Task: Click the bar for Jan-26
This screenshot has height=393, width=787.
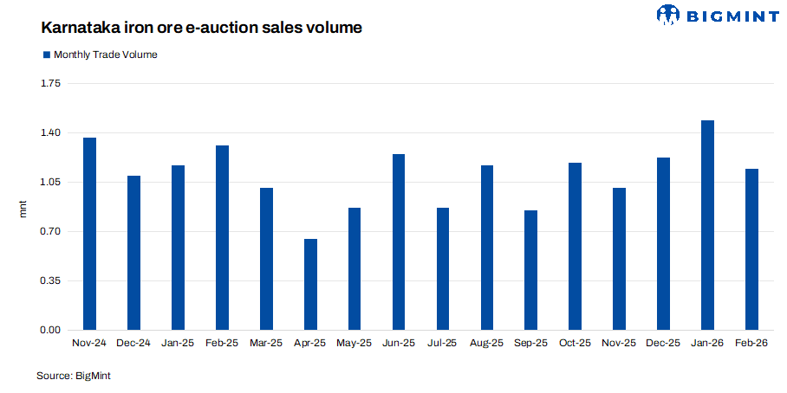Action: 707,225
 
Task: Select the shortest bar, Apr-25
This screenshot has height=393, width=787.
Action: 310,285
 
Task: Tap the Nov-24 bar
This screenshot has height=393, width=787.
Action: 89,234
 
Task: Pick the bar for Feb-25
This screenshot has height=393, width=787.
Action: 222,238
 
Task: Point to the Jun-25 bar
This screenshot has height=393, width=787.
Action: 399,242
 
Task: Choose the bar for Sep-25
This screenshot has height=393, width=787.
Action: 531,270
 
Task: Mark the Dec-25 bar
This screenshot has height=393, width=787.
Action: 663,244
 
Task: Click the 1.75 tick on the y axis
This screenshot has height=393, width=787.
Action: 50,84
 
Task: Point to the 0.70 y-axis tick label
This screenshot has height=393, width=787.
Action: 50,232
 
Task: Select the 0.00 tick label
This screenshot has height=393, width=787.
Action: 50,331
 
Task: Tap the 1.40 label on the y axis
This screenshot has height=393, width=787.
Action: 50,133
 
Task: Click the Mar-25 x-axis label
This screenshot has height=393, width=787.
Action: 266,344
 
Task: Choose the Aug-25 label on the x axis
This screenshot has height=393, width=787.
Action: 486,344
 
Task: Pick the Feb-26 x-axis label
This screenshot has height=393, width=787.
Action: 751,344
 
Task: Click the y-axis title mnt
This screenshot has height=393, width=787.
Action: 23,208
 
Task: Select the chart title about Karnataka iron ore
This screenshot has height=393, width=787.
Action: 201,28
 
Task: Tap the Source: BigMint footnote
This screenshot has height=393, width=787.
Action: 74,376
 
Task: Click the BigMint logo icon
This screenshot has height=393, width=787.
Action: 669,15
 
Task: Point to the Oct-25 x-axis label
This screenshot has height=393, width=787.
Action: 575,344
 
